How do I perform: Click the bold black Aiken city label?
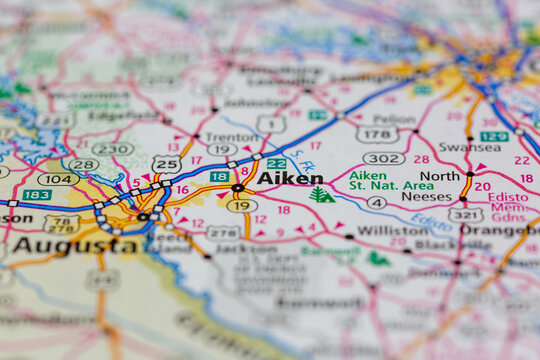(x=290, y=178)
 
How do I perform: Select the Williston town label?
(x=392, y=230)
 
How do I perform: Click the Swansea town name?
(x=469, y=147)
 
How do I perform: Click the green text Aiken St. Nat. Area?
(x=391, y=181)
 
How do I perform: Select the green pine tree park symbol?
(x=321, y=194)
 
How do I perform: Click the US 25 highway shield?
(x=166, y=163)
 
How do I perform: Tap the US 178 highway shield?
(x=376, y=134)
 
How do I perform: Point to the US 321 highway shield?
(x=466, y=214)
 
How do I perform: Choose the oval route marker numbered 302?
(x=384, y=158)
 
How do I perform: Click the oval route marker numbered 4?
(x=376, y=203)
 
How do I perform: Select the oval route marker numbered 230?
(x=112, y=149)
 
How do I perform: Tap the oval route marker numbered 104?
(x=58, y=179)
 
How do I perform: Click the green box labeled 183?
(x=37, y=194)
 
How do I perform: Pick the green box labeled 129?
(x=493, y=136)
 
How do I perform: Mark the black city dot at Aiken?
(x=237, y=188)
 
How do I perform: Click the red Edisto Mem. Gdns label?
(x=509, y=207)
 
